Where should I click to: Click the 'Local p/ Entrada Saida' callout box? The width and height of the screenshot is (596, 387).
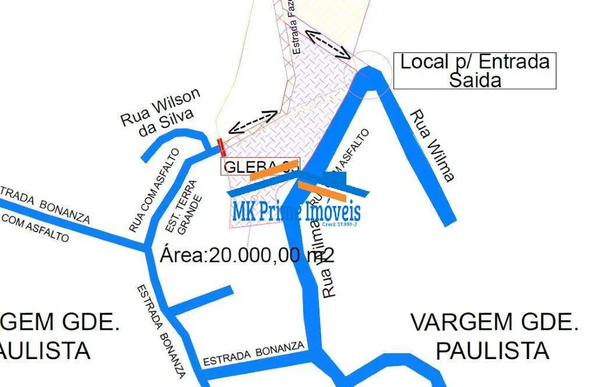[x=475, y=71]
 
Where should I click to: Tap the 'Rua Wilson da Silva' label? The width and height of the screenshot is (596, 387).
[x=161, y=113]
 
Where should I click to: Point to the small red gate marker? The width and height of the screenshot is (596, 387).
[x=221, y=147]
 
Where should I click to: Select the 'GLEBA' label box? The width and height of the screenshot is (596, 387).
[x=260, y=166]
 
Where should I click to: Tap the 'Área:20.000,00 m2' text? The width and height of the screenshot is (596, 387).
[x=247, y=255]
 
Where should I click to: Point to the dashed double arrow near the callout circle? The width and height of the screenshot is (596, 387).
[x=327, y=42]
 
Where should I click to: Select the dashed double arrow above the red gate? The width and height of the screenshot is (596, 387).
[x=253, y=121]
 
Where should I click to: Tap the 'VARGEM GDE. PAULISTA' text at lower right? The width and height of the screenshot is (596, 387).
[x=494, y=336]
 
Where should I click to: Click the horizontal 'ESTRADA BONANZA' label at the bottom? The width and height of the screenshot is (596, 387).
[x=254, y=354]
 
